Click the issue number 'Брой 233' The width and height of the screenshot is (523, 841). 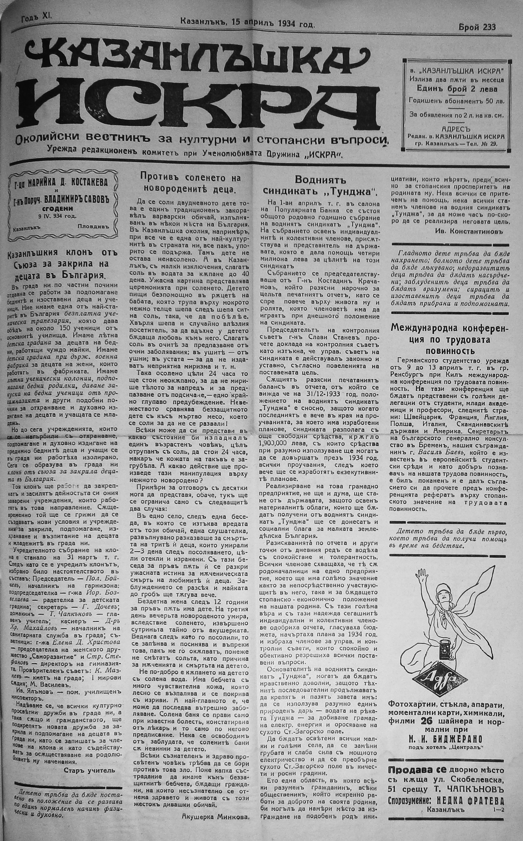click(x=477, y=27)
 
